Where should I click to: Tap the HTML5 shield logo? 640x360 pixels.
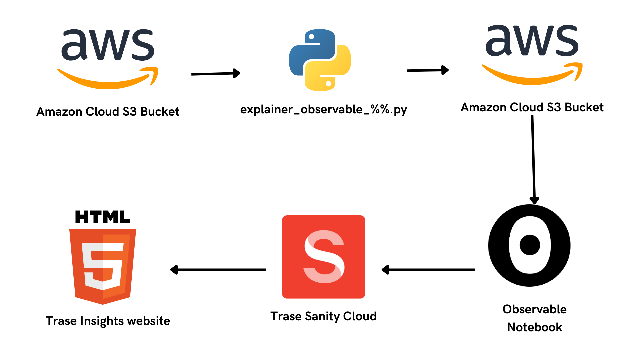click(x=103, y=265)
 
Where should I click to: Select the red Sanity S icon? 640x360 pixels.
click(x=324, y=257)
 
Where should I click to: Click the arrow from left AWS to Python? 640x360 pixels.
click(x=216, y=74)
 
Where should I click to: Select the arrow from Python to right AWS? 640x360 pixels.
click(x=428, y=70)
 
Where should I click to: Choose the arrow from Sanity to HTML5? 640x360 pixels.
click(x=218, y=270)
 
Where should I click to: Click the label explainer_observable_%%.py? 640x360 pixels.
click(x=323, y=110)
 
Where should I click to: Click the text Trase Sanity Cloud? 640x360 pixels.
click(x=323, y=316)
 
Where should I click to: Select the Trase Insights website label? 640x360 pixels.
click(x=108, y=321)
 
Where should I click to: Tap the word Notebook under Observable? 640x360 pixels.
click(x=535, y=327)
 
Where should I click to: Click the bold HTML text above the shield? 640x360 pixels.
click(x=103, y=217)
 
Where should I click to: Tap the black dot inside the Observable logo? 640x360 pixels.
click(x=530, y=245)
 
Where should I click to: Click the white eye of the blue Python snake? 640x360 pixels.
click(x=311, y=37)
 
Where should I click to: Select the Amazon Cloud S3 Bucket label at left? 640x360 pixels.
click(x=108, y=111)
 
